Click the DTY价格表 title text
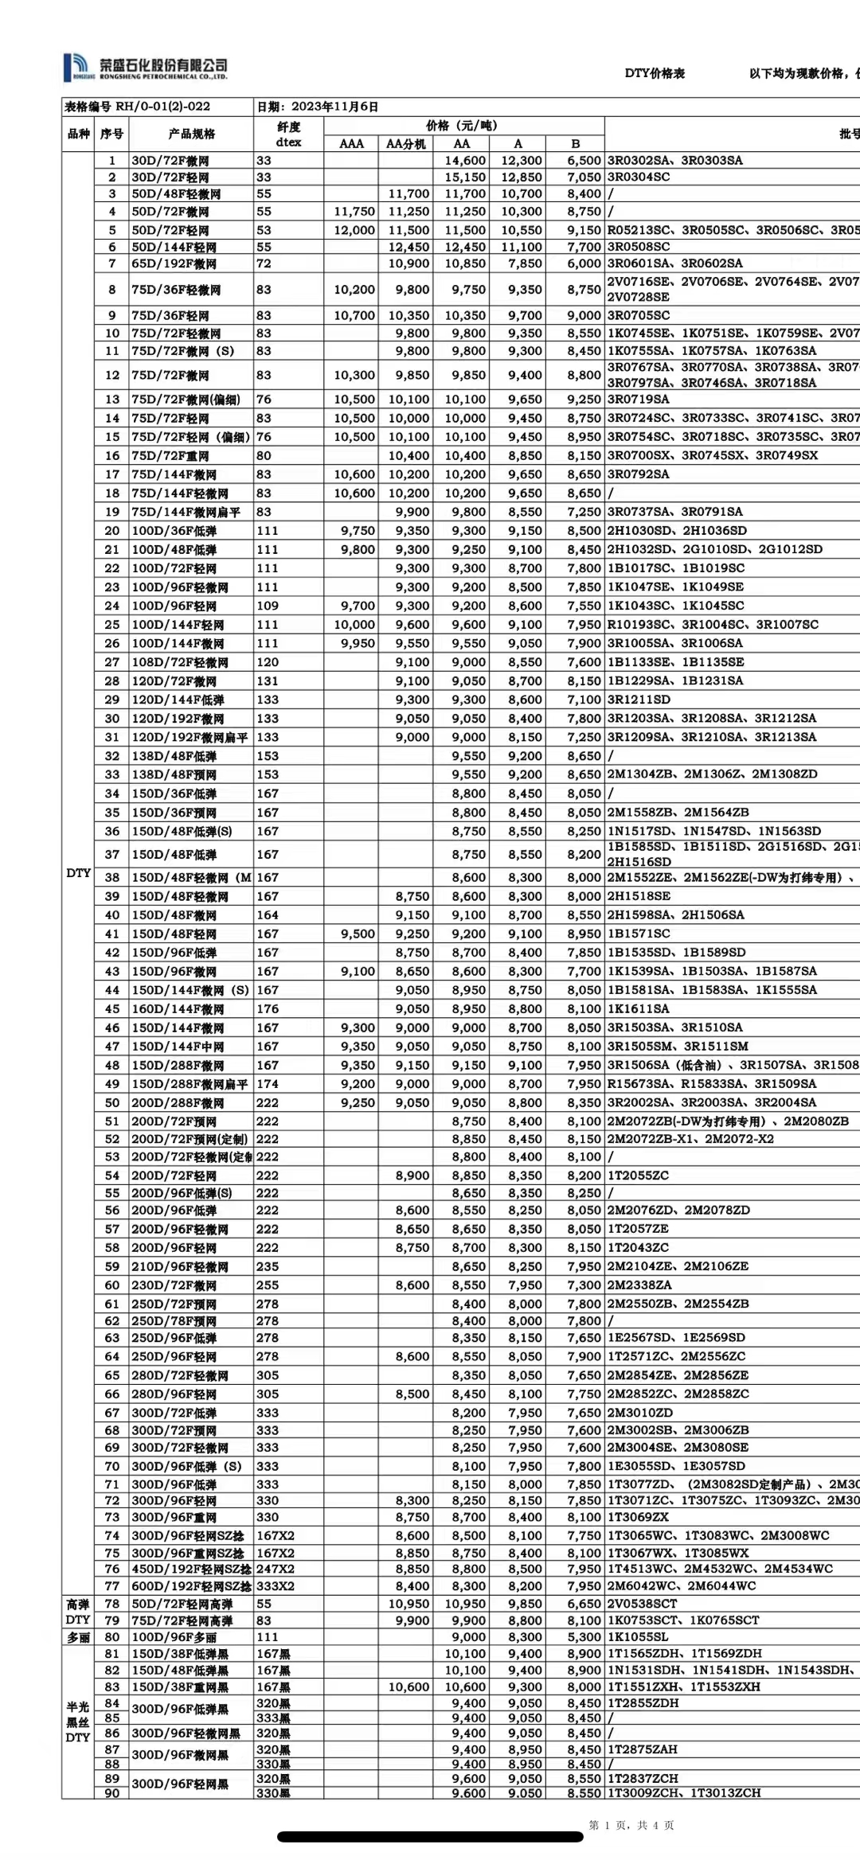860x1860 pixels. [x=655, y=73]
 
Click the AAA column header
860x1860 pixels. [x=351, y=144]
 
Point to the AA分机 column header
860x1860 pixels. [x=405, y=144]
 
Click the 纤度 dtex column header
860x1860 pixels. [x=288, y=134]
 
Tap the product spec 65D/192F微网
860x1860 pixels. [x=174, y=263]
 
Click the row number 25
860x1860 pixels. [x=111, y=625]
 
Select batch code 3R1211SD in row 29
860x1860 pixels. [x=639, y=700]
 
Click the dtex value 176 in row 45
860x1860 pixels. [x=268, y=1009]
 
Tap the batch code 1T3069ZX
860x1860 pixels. [x=639, y=1518]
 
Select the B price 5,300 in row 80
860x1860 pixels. [x=584, y=1637]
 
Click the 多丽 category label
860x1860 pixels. [x=78, y=1637]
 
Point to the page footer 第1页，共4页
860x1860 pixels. [x=631, y=1825]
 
